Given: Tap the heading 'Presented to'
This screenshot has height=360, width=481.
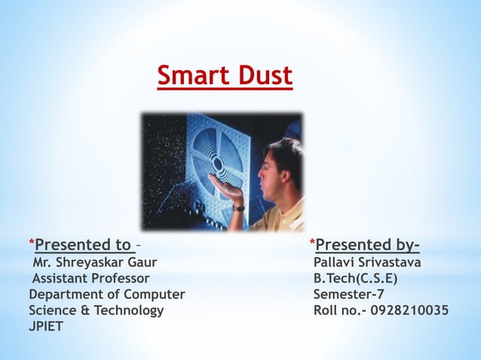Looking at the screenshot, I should click(83, 245).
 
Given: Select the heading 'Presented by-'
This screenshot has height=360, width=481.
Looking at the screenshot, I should click(368, 245).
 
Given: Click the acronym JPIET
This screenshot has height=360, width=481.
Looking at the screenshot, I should click(47, 327).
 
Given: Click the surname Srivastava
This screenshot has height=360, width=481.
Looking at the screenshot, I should click(393, 262).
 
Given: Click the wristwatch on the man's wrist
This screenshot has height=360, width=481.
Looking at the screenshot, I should click(239, 207).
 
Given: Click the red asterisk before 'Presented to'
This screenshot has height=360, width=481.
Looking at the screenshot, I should click(31, 243).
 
